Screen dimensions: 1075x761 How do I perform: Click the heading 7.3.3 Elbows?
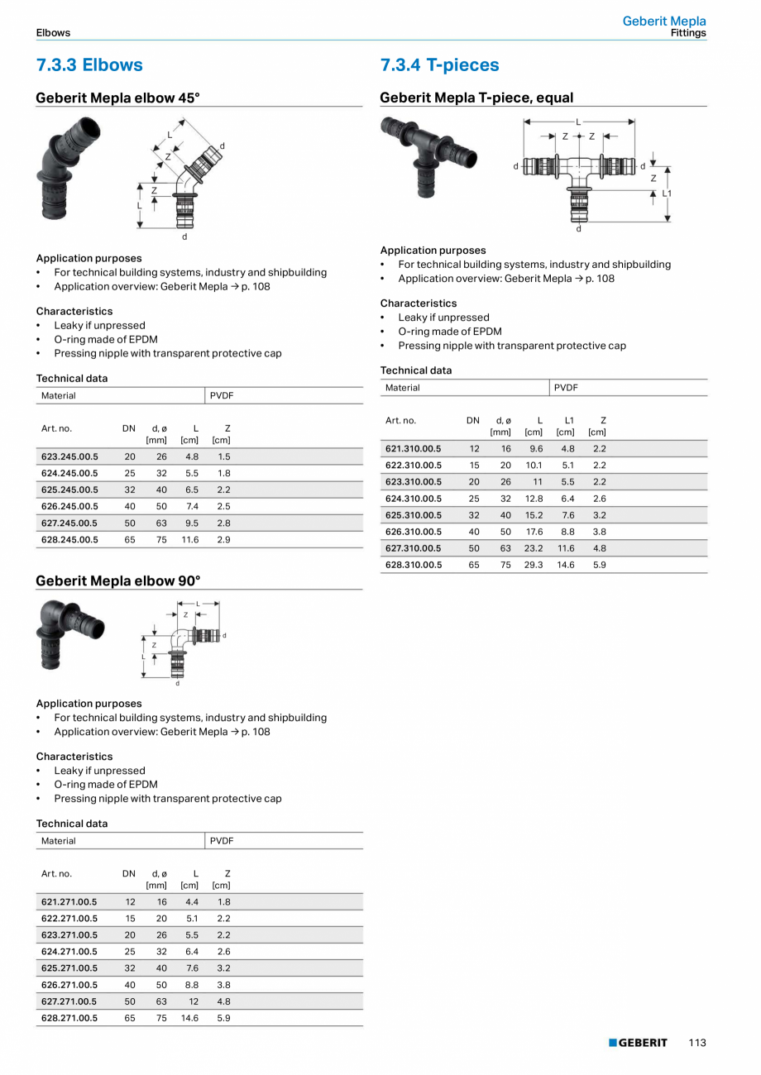click(89, 64)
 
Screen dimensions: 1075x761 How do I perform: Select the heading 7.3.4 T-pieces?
click(439, 64)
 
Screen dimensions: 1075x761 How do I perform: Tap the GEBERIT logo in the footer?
click(638, 1043)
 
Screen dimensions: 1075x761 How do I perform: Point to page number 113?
click(697, 1043)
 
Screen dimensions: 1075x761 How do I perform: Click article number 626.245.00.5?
click(69, 506)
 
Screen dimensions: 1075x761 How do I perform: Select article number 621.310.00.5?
click(414, 448)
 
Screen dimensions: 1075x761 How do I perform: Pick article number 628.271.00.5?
click(69, 1018)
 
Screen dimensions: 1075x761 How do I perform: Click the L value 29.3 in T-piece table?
click(534, 565)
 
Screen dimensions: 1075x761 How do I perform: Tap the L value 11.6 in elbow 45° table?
click(190, 539)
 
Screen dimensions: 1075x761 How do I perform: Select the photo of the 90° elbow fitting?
click(69, 633)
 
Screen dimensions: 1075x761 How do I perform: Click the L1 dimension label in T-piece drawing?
click(667, 193)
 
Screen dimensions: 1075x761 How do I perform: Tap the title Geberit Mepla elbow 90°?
click(117, 580)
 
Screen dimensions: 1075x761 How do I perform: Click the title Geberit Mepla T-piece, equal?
click(476, 98)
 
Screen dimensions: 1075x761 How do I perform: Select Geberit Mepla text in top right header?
click(664, 21)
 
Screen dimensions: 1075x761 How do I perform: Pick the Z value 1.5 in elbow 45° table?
click(224, 456)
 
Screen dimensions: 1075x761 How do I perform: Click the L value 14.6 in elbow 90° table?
click(189, 1018)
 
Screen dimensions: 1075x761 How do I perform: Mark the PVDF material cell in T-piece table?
click(566, 387)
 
